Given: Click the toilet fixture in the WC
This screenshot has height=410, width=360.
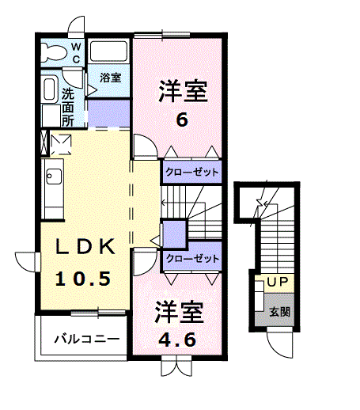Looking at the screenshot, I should (x=55, y=52).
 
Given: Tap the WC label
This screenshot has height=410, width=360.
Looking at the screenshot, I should (x=77, y=53).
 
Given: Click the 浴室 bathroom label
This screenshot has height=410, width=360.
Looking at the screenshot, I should (x=110, y=78).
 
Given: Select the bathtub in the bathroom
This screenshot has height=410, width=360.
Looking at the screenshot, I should (x=108, y=52).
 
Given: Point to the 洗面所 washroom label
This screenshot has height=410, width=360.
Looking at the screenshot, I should (x=68, y=105).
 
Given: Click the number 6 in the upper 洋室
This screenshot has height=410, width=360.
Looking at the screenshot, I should (x=182, y=121).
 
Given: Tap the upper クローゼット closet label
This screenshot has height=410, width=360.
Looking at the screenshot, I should (x=191, y=171).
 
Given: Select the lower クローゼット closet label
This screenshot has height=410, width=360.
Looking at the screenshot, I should (x=191, y=259).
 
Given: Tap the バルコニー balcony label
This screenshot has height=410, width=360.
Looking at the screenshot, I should (x=86, y=340).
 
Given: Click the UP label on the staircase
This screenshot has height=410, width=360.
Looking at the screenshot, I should (x=276, y=282).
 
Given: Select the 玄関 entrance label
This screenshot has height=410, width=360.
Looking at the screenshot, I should (x=279, y=311).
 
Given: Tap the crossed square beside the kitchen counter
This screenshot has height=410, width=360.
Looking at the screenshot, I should (x=60, y=144).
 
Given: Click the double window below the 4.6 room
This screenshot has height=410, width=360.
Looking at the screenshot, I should (x=175, y=366).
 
